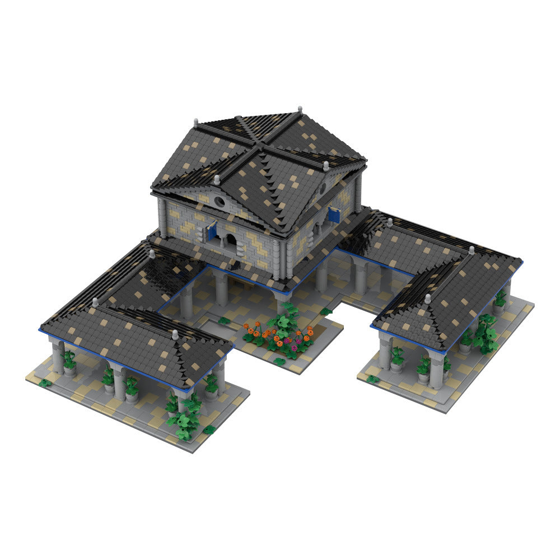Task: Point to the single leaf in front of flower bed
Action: (281, 362)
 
